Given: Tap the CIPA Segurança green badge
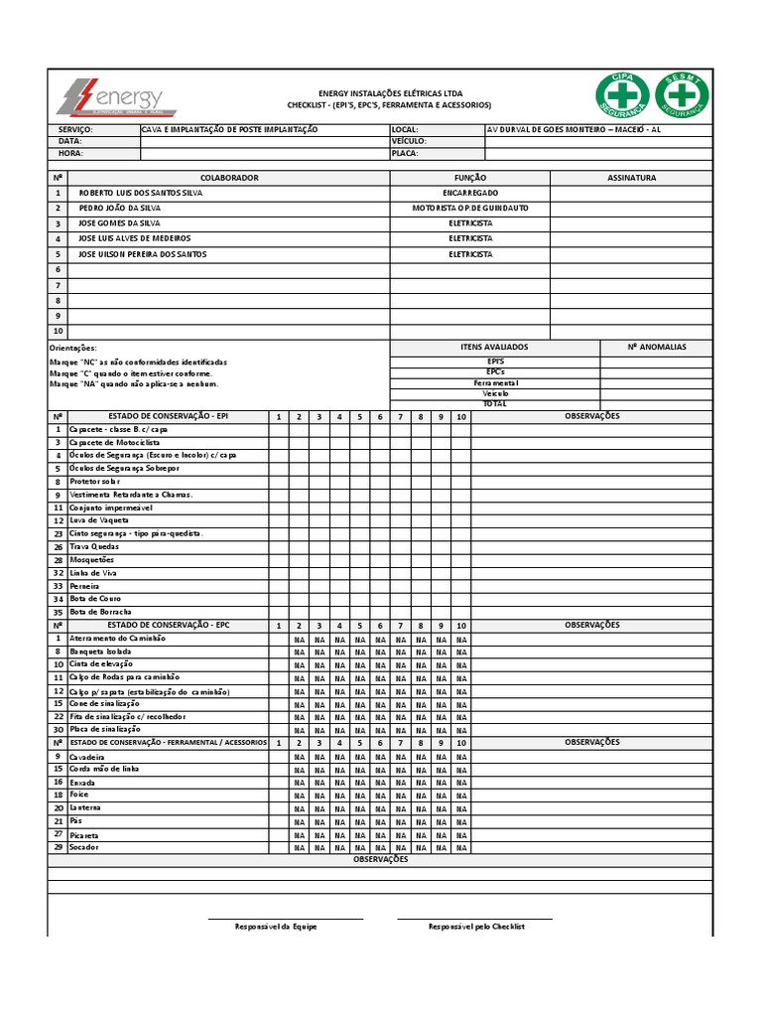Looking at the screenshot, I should click(622, 95).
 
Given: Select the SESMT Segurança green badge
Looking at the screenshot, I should click(681, 95).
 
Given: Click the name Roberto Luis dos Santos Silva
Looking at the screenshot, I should click(140, 193).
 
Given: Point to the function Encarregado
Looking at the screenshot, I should click(470, 193).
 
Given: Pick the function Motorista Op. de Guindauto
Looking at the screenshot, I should click(470, 209).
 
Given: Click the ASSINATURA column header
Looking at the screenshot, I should click(631, 178).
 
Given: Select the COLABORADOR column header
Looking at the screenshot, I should click(229, 178).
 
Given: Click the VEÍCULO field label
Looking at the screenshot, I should click(408, 141).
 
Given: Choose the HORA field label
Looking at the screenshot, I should click(70, 154).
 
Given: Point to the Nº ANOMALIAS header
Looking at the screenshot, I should click(656, 348).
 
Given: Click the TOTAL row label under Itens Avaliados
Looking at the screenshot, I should click(494, 404).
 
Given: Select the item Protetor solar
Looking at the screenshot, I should click(94, 482).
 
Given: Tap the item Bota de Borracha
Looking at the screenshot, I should click(100, 612).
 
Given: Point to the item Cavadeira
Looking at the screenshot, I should click(87, 757).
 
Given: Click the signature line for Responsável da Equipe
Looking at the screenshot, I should click(286, 919).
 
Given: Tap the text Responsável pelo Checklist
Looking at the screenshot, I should click(476, 927).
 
